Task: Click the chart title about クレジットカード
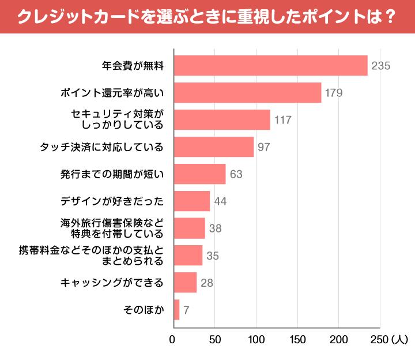(207, 16)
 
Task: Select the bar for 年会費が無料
(270, 65)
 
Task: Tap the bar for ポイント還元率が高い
(247, 92)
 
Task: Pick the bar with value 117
(221, 119)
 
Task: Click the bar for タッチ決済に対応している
(213, 147)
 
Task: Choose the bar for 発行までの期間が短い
(199, 174)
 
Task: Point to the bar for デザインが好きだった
(191, 201)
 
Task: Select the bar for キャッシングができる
(185, 282)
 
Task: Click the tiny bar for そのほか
(176, 309)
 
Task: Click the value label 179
(334, 93)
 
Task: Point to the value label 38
(216, 228)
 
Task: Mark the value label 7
(186, 310)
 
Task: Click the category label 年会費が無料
(133, 66)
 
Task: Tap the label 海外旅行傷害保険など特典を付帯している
(112, 228)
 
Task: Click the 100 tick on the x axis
(256, 339)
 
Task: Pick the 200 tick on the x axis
(338, 339)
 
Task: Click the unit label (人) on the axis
(399, 339)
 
